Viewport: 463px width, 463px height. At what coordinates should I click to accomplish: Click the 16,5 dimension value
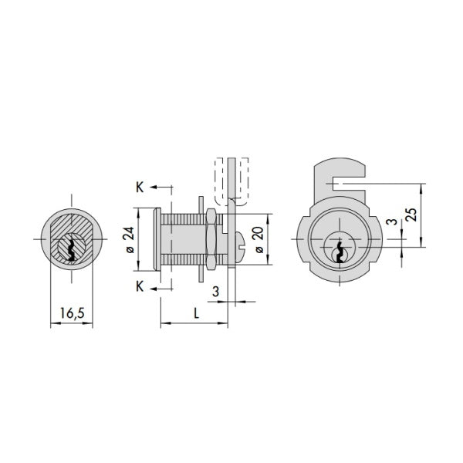(x=72, y=313)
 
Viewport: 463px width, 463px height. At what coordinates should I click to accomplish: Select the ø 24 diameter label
(x=130, y=240)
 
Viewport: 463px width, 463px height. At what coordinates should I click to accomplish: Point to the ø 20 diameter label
(x=259, y=240)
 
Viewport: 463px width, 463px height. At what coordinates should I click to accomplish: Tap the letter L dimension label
(x=196, y=313)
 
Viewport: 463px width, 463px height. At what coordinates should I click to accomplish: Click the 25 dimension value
(x=411, y=215)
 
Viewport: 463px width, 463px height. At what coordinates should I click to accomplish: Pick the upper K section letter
(x=140, y=188)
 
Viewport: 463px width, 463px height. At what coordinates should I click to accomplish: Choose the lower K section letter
(x=140, y=286)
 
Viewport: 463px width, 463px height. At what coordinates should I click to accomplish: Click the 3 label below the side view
(x=215, y=292)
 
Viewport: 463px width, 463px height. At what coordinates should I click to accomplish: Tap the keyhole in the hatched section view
(x=72, y=249)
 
